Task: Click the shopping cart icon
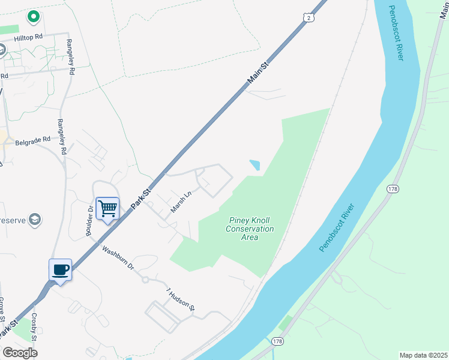[108, 209]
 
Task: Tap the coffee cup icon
[60, 270]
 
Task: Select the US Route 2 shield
[308, 18]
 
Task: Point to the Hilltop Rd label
[29, 37]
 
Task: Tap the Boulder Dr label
[89, 221]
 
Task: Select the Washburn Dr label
[118, 257]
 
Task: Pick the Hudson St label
[181, 299]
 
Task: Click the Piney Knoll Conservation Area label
[250, 229]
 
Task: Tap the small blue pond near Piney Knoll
[255, 164]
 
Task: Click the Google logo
[20, 353]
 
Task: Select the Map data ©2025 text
[423, 355]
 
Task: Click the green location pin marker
[34, 16]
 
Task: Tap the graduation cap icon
[35, 219]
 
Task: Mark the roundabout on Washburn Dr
[145, 280]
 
